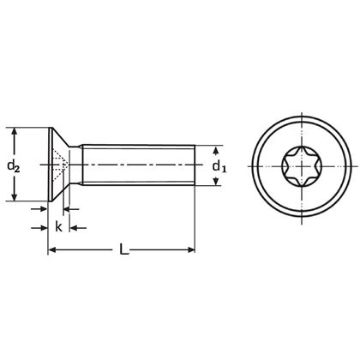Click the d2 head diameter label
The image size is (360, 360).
click(x=12, y=164)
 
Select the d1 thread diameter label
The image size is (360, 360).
click(x=219, y=165)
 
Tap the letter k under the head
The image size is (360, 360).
click(x=58, y=227)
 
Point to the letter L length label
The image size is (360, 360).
click(x=125, y=250)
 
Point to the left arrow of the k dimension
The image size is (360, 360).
click(x=43, y=227)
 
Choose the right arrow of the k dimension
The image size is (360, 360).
click(x=74, y=227)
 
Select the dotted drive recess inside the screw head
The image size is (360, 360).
click(x=57, y=164)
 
